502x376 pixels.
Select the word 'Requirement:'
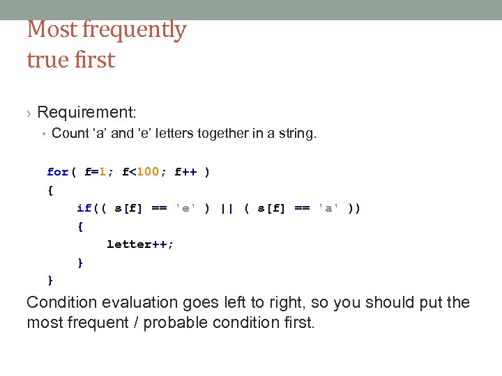coord(87,112)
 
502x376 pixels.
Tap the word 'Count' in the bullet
coord(70,133)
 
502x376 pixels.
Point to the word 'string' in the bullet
coord(296,133)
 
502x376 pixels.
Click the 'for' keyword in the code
coord(58,172)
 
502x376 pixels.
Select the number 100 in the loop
coord(148,172)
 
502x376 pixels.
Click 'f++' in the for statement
coord(186,172)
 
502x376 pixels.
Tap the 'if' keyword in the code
coord(84,208)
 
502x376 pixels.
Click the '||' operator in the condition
coord(227,208)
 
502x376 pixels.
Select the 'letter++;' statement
coord(140,244)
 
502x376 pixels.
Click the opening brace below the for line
coord(50,190)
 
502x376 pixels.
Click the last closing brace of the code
coord(50,280)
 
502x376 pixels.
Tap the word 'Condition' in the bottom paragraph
coord(61,303)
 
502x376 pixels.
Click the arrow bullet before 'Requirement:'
coord(29,113)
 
